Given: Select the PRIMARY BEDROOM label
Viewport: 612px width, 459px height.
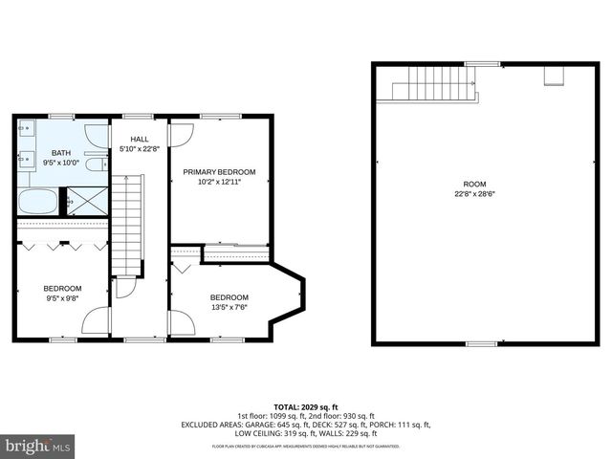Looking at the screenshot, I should click(219, 172).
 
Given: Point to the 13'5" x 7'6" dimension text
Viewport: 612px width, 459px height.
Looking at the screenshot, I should click(229, 307).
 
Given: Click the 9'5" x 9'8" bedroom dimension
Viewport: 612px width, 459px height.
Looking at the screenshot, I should click(62, 298).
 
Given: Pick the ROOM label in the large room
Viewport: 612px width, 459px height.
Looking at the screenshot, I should click(474, 184).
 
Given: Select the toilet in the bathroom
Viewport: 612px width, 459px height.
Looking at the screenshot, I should click(94, 164).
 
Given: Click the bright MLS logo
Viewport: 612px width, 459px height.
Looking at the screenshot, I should click(38, 446).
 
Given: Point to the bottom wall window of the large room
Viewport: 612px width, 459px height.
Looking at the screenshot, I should click(480, 343).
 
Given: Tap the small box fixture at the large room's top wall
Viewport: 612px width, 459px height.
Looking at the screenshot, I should click(553, 75).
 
